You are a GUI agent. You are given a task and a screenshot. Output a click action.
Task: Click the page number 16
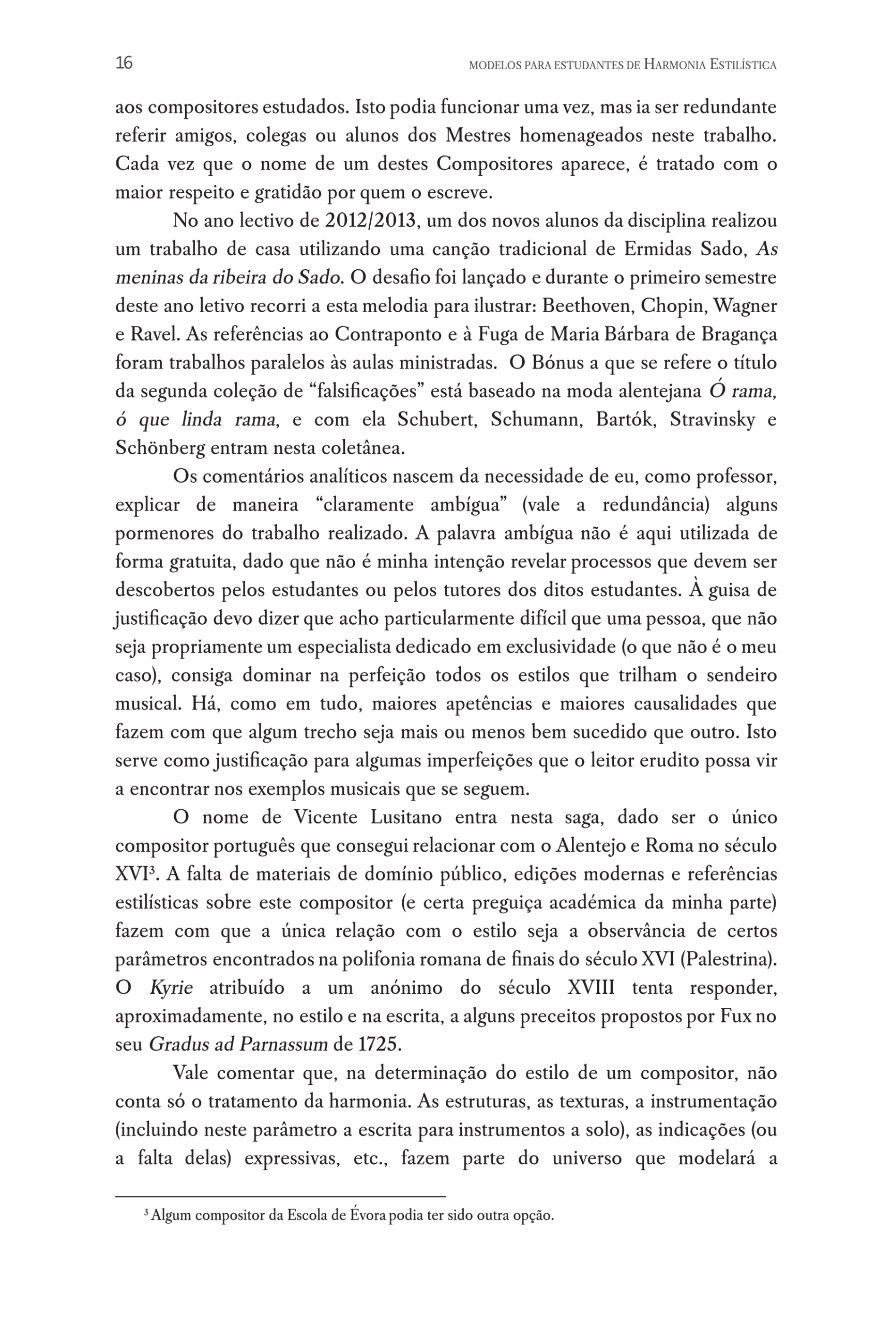124,63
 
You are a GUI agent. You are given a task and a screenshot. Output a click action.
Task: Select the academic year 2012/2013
370,221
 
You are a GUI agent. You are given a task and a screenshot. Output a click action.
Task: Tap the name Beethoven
587,306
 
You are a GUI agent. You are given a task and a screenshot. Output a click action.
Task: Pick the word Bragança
739,334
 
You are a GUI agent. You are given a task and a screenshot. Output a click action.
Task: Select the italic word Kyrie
171,988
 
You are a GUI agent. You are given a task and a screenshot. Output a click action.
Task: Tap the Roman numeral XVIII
591,988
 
